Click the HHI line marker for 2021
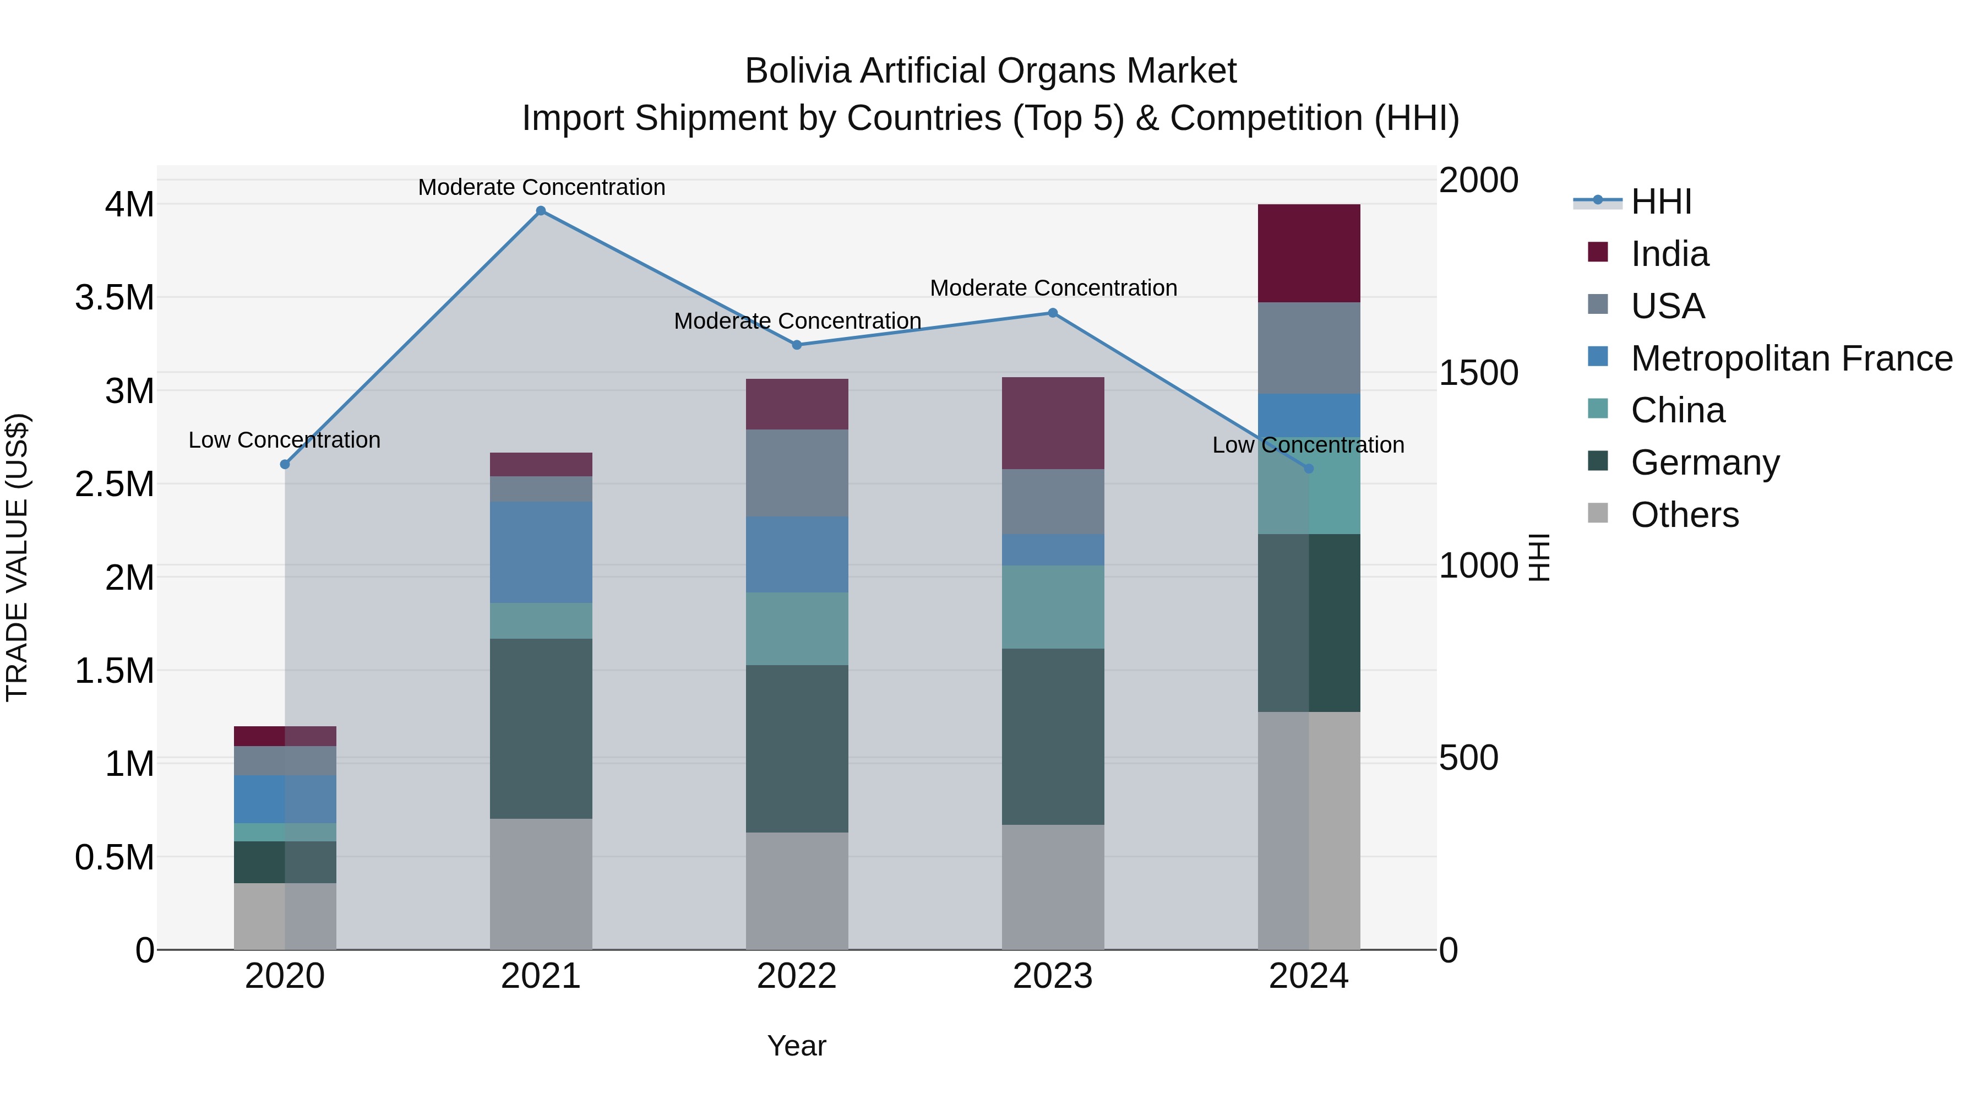click(x=541, y=211)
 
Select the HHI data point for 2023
click(x=1053, y=313)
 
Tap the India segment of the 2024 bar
click(x=1309, y=253)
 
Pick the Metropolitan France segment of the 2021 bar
click(x=541, y=552)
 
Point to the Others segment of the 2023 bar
click(x=1053, y=886)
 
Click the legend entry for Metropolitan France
click(x=1791, y=358)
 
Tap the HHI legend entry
click(x=1660, y=202)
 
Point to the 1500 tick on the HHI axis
click(x=1478, y=373)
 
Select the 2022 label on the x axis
click(x=796, y=976)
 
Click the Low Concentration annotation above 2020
click(x=284, y=440)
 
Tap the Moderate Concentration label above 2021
click(x=541, y=187)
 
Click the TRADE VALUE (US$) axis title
click(x=18, y=557)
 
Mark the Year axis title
click(x=796, y=1046)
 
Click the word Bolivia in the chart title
click(x=797, y=71)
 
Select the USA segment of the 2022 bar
click(x=797, y=472)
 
